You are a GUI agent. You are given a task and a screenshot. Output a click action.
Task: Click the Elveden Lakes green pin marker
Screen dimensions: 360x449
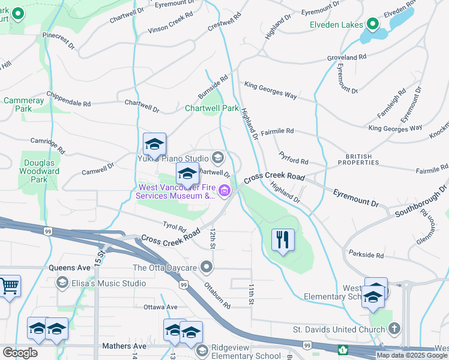point(372,24)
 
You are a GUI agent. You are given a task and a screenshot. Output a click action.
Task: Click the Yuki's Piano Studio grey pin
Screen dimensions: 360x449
point(217,158)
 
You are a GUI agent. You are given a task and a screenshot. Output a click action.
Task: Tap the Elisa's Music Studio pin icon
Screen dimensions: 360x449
point(62,283)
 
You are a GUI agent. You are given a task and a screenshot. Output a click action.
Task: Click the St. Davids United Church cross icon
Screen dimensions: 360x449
point(393,329)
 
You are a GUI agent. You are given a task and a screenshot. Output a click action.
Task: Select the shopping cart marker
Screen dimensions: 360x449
point(10,287)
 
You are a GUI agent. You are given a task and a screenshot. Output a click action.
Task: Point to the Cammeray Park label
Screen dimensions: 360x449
point(24,104)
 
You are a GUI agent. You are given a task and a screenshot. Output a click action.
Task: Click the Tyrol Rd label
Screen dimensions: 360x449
point(175,227)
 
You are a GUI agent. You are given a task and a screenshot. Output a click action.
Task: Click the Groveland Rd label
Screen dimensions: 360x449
point(346,57)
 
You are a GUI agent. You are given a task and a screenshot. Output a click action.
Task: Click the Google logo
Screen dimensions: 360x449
point(20,353)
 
